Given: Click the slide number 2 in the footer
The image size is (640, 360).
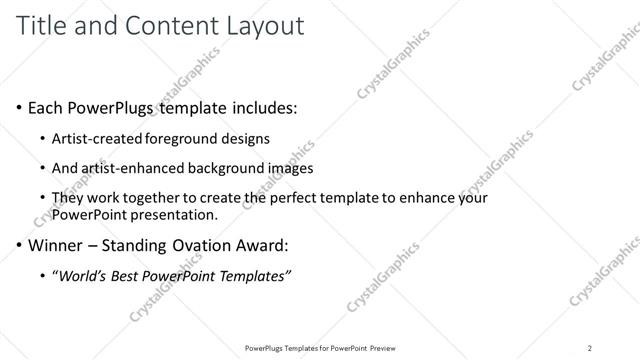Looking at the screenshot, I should tap(590, 348).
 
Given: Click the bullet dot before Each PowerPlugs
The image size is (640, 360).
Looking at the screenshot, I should tap(19, 107).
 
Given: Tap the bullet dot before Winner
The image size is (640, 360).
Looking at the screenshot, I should tap(19, 243).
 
